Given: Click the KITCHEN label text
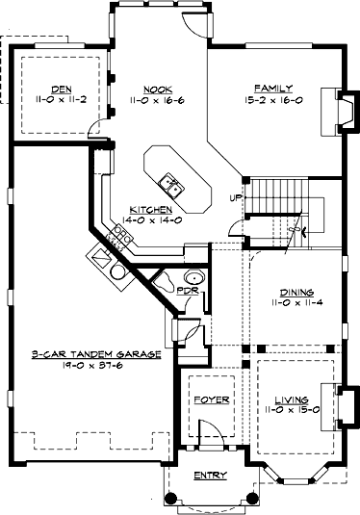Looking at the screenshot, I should (151, 209).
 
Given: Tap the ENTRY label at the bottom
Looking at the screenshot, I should (211, 476).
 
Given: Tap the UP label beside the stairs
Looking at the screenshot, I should (235, 198).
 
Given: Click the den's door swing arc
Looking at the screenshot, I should (94, 126).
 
